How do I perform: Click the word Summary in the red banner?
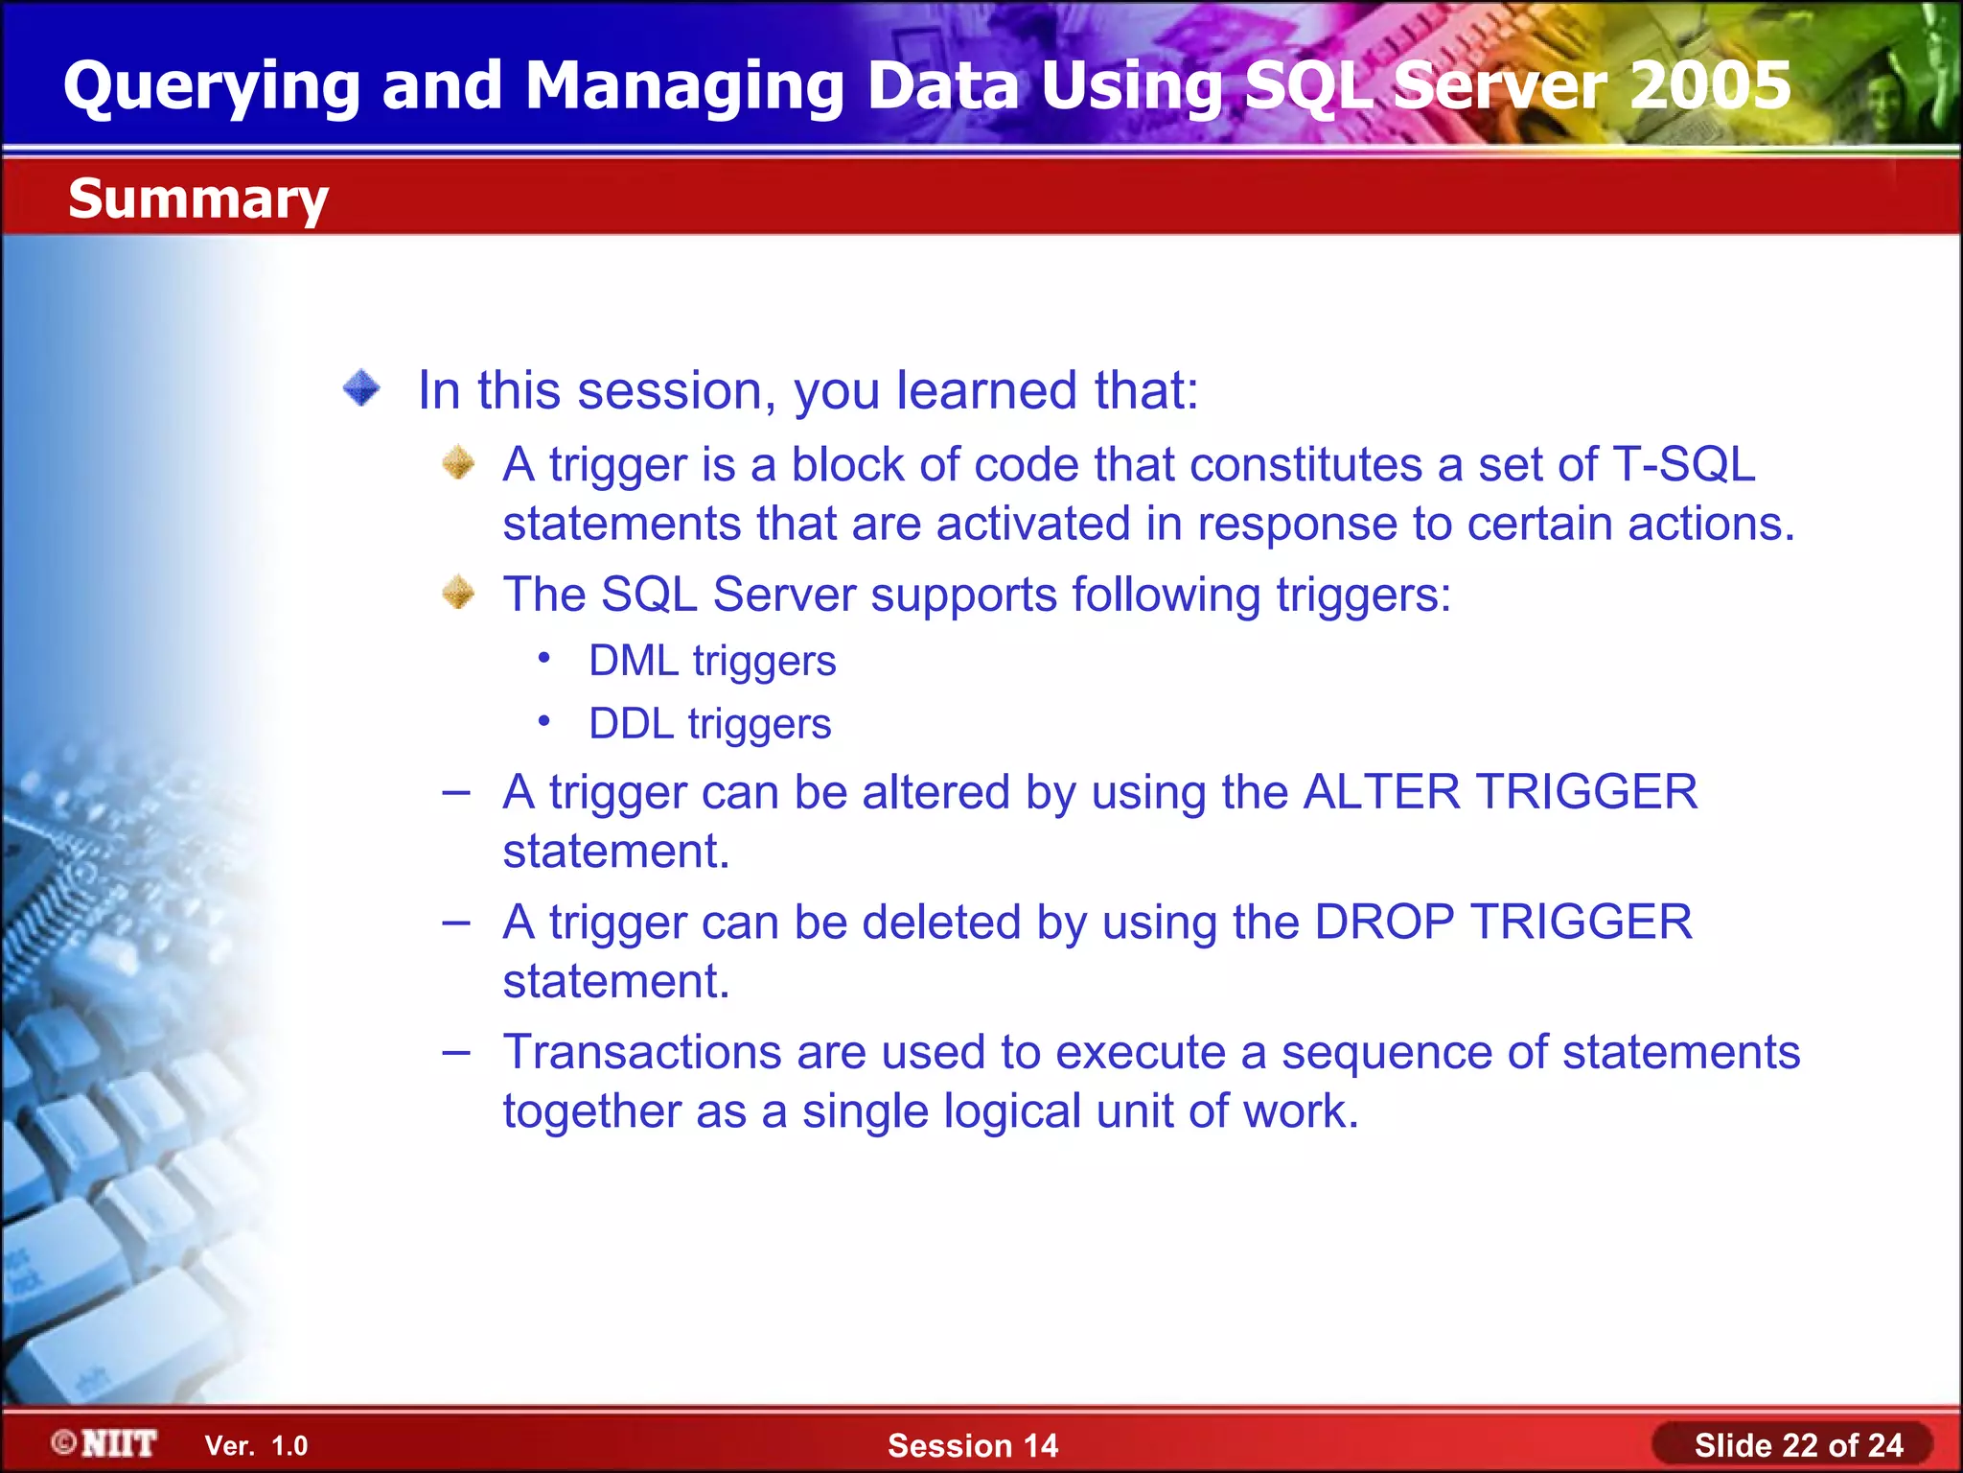point(197,199)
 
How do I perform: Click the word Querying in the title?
point(211,85)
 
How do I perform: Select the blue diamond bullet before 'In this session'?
point(361,388)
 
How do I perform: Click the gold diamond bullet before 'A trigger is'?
point(458,463)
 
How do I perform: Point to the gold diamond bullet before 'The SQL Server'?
point(458,593)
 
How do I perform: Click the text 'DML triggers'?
point(712,661)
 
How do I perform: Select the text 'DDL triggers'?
point(709,723)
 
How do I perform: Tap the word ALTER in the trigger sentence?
point(1381,792)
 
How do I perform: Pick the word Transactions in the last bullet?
point(641,1052)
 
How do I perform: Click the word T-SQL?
point(1683,464)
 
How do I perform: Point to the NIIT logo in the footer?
point(105,1443)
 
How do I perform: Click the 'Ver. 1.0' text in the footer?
point(256,1445)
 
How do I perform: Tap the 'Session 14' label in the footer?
point(972,1445)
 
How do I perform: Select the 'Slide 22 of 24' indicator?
point(1797,1445)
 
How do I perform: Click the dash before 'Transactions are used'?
point(456,1052)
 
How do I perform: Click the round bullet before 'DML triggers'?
point(543,658)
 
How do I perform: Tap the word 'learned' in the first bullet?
point(986,390)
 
